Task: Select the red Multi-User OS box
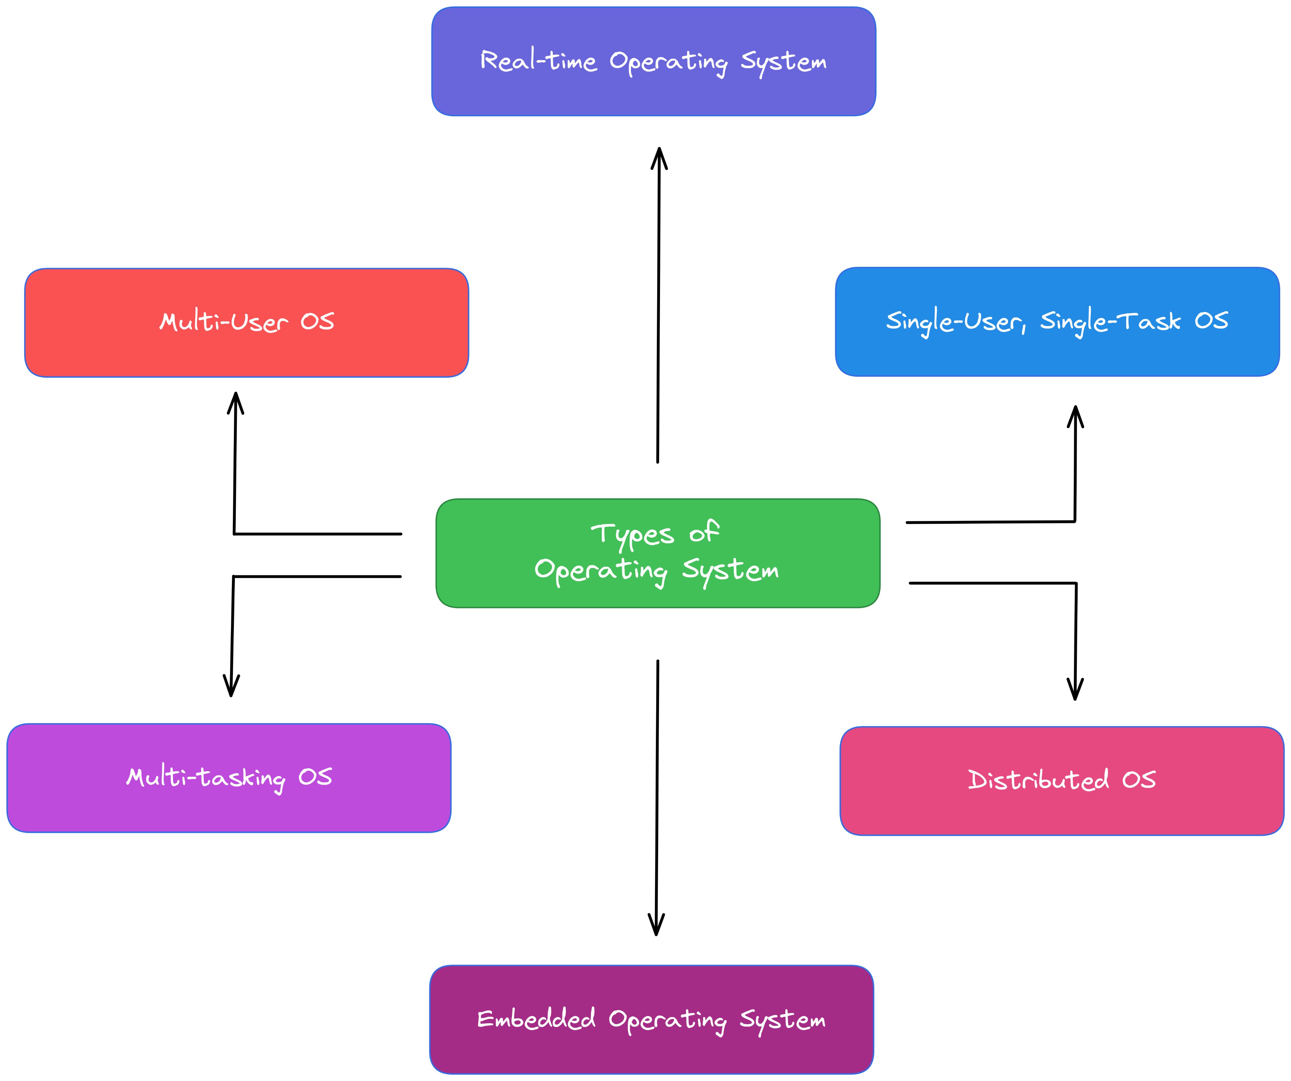[x=246, y=323]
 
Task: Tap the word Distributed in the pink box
[x=1038, y=780]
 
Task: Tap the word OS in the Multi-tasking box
[x=316, y=777]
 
